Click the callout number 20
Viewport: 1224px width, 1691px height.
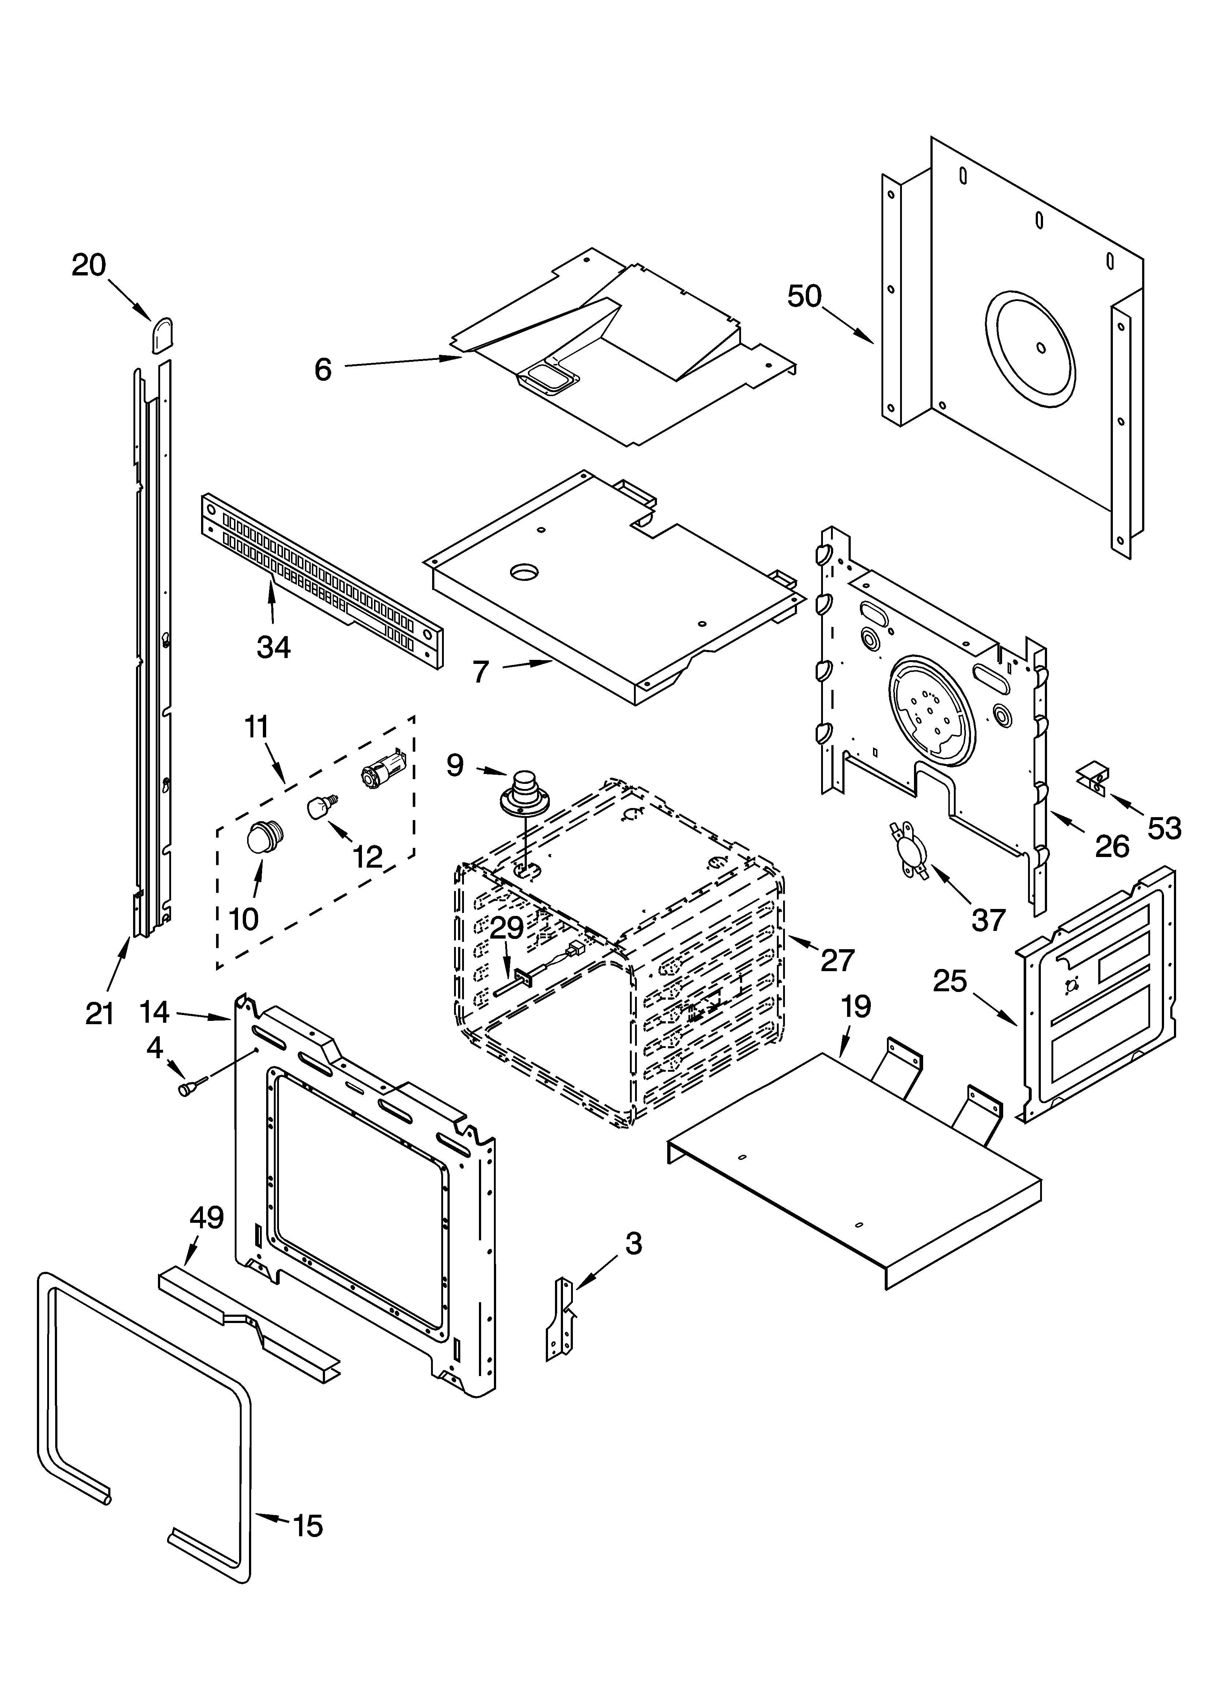coord(89,266)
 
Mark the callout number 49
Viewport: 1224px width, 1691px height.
coord(207,1217)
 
